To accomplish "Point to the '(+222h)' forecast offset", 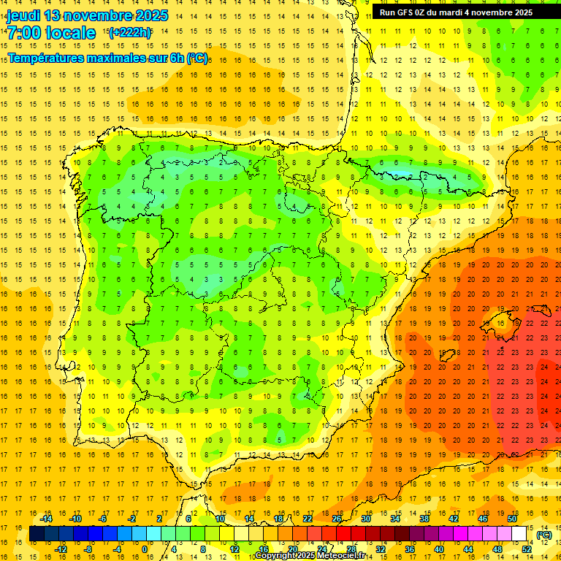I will pyautogui.click(x=130, y=32).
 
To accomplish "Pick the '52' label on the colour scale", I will pyautogui.click(x=527, y=549).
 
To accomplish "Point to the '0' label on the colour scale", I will pyautogui.click(x=144, y=549).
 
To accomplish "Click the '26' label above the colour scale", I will pyautogui.click(x=337, y=519).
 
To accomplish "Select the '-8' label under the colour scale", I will pyautogui.click(x=88, y=549).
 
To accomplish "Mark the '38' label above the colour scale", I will pyautogui.click(x=424, y=519).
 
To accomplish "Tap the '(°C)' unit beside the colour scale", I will pyautogui.click(x=544, y=535).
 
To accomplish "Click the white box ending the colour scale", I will pyautogui.click(x=519, y=534).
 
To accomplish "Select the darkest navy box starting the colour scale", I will pyautogui.click(x=37, y=534).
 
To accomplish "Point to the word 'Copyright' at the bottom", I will pyautogui.click(x=276, y=556).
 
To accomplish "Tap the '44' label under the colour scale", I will pyautogui.click(x=468, y=549).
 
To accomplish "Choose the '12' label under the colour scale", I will pyautogui.click(x=234, y=549).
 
